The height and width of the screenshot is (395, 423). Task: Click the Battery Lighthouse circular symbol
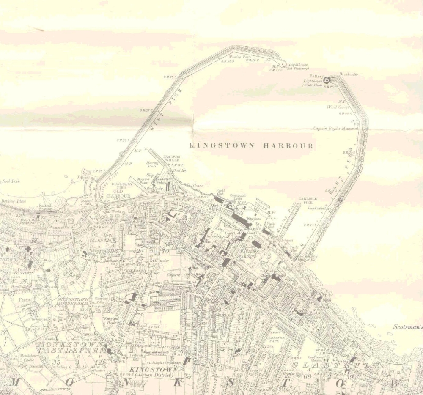pyautogui.click(x=327, y=80)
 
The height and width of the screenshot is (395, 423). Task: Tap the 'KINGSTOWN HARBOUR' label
pyautogui.click(x=252, y=146)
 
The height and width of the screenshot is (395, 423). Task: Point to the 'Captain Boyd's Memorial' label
pyautogui.click(x=336, y=128)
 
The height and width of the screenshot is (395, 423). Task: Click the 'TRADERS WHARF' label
pyautogui.click(x=171, y=159)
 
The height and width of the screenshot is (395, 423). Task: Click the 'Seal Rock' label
pyautogui.click(x=11, y=181)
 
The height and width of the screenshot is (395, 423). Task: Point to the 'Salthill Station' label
pyautogui.click(x=45, y=207)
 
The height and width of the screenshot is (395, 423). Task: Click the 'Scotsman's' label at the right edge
pyautogui.click(x=408, y=327)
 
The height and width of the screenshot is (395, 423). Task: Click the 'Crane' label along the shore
pyautogui.click(x=198, y=185)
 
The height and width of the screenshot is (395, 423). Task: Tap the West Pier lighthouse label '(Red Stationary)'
pyautogui.click(x=297, y=69)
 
